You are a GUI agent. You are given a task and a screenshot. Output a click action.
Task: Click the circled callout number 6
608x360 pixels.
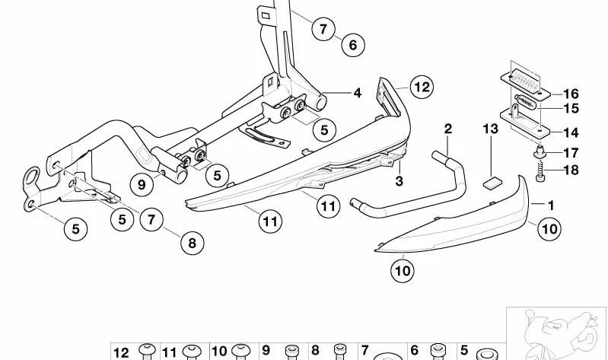tap(353, 45)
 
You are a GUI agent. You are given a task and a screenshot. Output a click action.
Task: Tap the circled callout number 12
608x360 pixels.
tap(422, 87)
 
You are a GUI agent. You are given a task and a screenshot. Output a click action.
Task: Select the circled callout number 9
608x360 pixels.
tap(142, 184)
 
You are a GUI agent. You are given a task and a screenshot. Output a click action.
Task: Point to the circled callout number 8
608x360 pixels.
tap(193, 243)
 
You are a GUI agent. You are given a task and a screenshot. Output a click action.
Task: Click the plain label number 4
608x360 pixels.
tap(357, 93)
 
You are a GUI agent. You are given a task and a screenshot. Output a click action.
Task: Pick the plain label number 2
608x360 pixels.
tap(448, 129)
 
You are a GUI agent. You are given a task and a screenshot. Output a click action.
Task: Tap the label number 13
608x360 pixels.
tap(491, 129)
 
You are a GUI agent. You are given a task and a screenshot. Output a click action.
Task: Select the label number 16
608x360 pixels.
tap(571, 94)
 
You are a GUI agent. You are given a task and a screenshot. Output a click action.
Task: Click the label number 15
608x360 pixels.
tap(571, 109)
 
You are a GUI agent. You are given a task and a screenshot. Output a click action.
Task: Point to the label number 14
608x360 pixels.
tap(571, 132)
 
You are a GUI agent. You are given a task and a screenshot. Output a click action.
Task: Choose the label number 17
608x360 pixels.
tap(571, 153)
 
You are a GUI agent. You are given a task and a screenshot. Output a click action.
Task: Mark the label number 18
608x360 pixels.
tap(571, 170)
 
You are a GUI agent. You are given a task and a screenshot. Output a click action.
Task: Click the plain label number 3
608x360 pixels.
tap(399, 181)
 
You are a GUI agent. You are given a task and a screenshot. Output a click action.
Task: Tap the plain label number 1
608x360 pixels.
tap(551, 205)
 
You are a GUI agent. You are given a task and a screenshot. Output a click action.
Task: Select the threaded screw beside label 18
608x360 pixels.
tap(540, 171)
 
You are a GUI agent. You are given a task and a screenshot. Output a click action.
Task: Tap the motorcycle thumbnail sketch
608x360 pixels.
tap(556, 333)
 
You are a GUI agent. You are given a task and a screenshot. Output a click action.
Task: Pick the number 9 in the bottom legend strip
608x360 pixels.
tap(266, 350)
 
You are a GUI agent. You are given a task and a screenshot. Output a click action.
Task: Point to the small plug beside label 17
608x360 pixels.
tap(540, 152)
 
